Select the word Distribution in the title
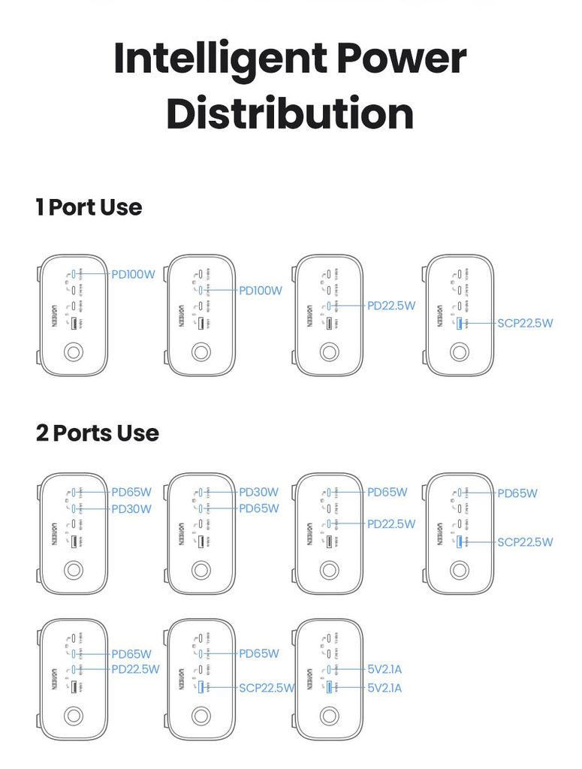point(290,114)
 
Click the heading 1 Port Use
point(89,207)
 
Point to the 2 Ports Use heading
point(98,433)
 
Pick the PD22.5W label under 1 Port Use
point(391,306)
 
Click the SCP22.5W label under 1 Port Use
point(525,324)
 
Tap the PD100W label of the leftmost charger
point(133,274)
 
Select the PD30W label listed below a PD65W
point(131,508)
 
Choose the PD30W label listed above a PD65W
point(258,493)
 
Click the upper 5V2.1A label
point(384,669)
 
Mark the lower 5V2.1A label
point(384,687)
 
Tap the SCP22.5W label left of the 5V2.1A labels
point(267,687)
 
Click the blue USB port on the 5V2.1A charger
point(329,687)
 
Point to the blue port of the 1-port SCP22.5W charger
point(459,324)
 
